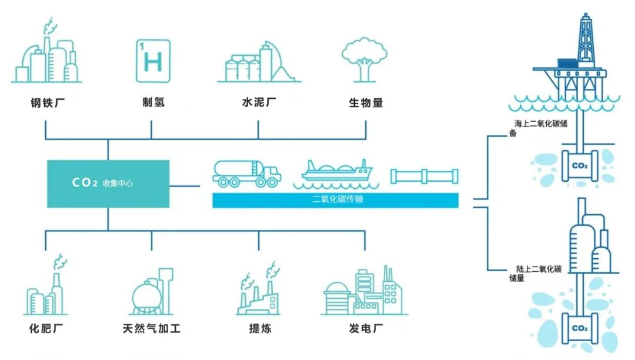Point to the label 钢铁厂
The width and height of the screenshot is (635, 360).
[x=48, y=103]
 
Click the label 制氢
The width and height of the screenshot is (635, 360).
[x=153, y=103]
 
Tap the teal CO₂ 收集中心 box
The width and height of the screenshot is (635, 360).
[x=108, y=184]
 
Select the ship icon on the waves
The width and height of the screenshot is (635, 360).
[x=337, y=172]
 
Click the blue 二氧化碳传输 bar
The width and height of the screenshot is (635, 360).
[x=335, y=200]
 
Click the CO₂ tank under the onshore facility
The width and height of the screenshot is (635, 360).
[x=579, y=328]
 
